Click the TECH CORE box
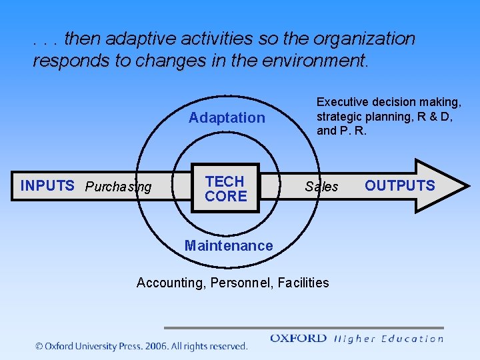[x=225, y=188]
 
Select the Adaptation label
[x=227, y=118]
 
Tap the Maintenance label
[x=229, y=245]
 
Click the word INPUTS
[x=47, y=186]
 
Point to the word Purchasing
[x=119, y=187]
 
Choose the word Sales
[x=321, y=187]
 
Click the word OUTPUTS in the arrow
[x=399, y=186]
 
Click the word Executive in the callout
[x=343, y=102]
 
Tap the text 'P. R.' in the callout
[x=353, y=131]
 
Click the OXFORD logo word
[x=298, y=339]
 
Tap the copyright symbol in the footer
[x=39, y=347]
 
